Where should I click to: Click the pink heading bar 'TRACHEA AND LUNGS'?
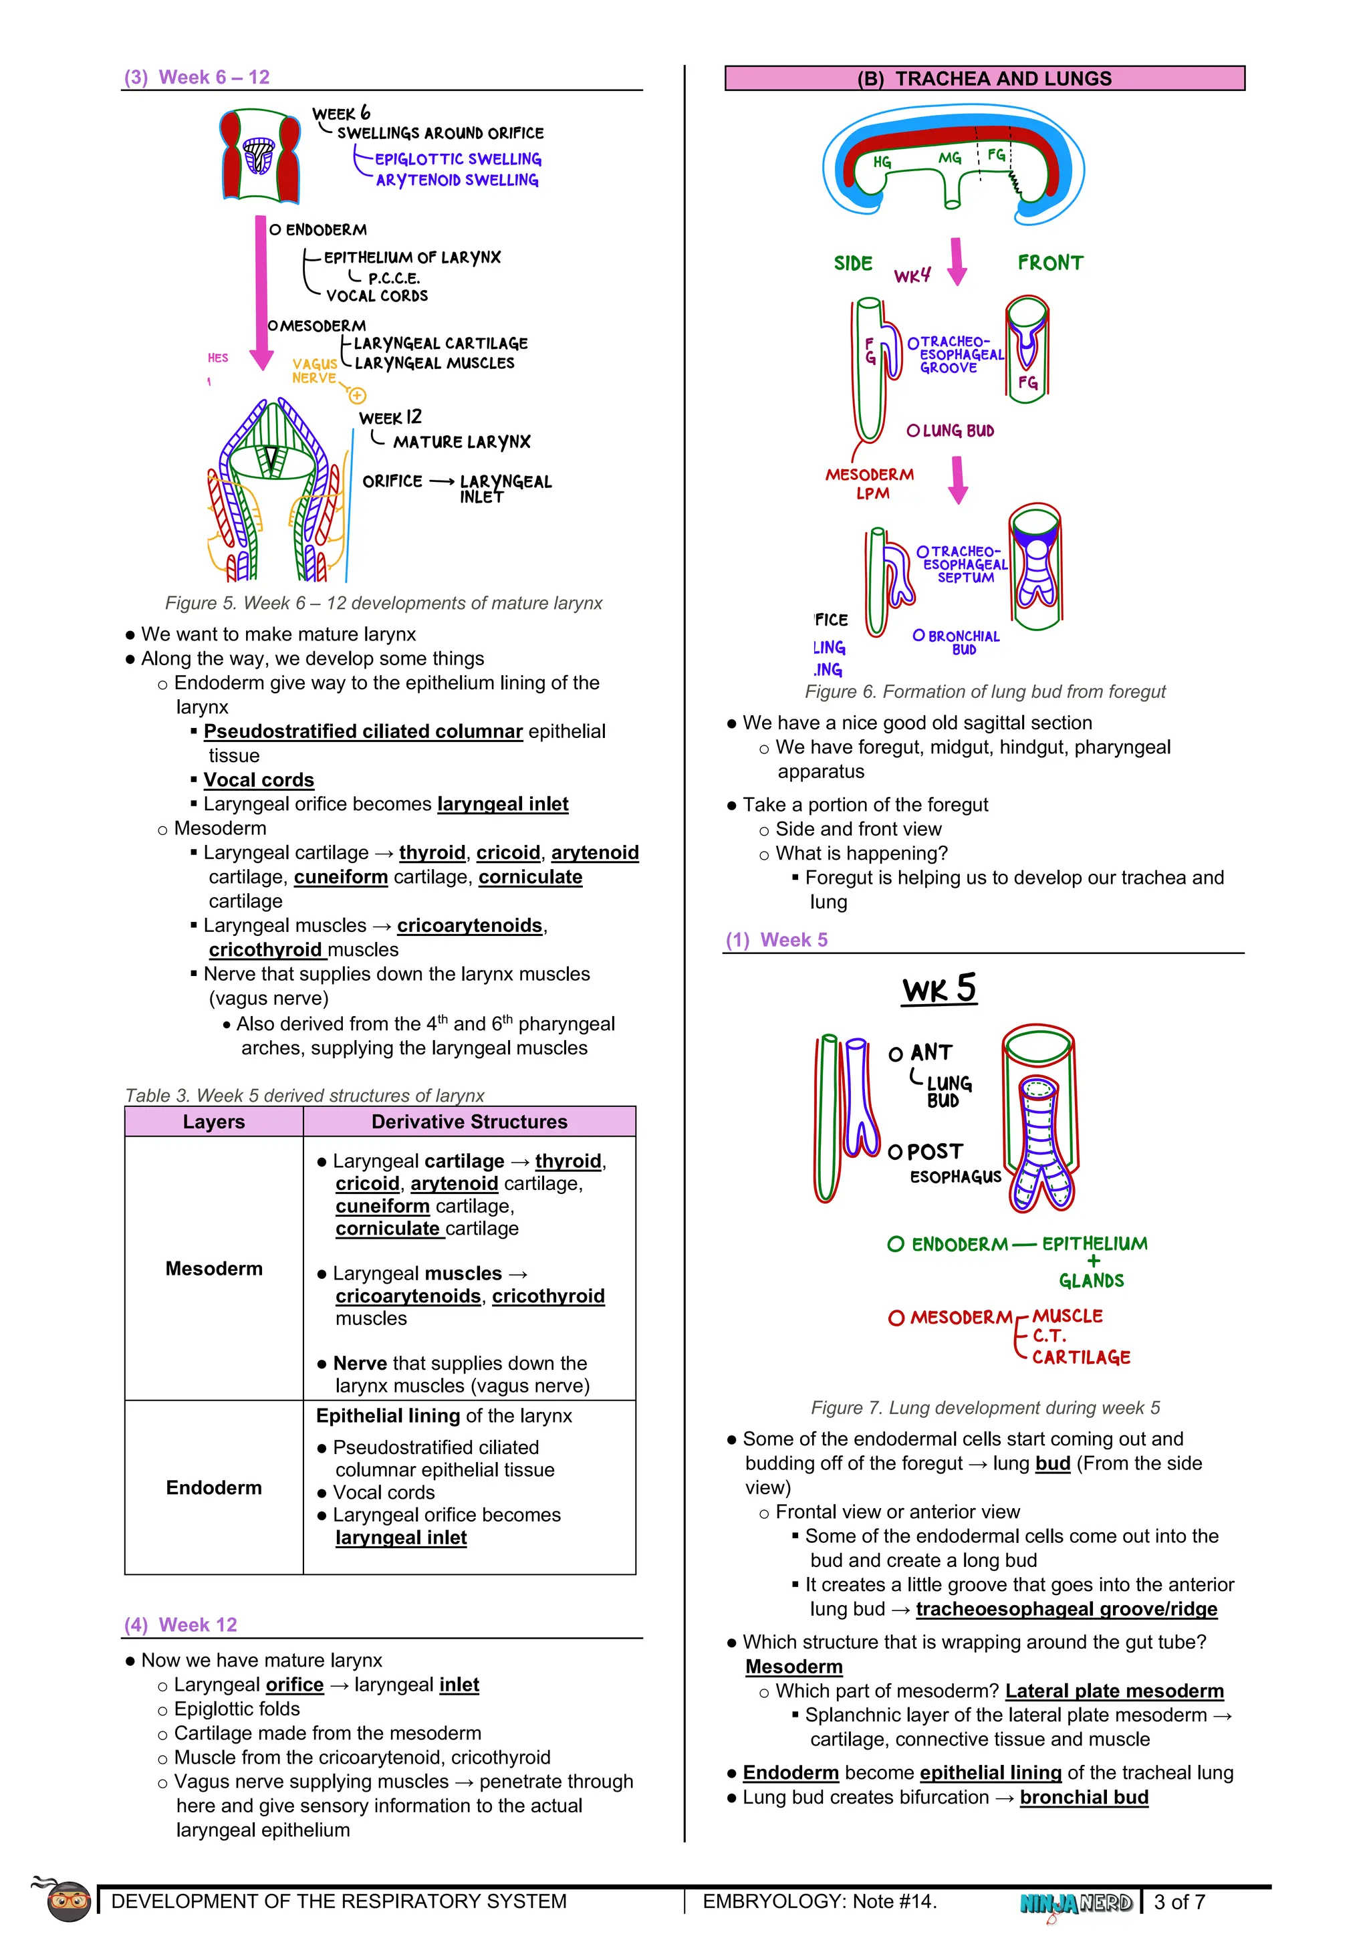[984, 78]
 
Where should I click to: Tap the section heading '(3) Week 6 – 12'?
[197, 77]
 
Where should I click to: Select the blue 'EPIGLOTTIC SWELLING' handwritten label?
[458, 158]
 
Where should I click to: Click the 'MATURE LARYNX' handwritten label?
[461, 442]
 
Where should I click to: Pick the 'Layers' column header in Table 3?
[213, 1122]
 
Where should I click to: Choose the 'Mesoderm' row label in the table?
[213, 1268]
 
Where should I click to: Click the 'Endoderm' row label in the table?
[213, 1487]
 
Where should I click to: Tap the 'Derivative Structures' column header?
[469, 1122]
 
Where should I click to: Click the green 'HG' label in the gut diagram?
[882, 162]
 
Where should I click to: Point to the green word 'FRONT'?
[1049, 263]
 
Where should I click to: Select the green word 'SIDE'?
[853, 264]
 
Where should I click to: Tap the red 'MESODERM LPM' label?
[869, 484]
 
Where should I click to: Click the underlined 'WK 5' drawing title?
[939, 988]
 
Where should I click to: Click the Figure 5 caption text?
[384, 603]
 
